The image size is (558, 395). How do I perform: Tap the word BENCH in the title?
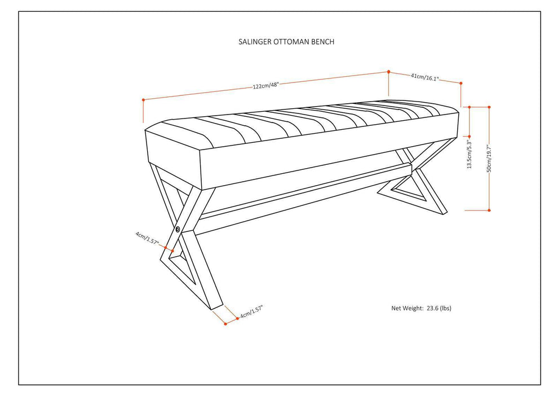(323, 41)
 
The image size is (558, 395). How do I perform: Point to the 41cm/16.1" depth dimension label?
(425, 77)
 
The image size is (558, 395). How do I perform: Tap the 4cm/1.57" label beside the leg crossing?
(148, 239)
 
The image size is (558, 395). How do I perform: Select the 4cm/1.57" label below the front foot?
(250, 311)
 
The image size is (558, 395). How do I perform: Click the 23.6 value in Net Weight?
(433, 309)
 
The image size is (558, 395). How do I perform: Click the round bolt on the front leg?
(178, 229)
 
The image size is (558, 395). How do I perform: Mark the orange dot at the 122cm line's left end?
(144, 100)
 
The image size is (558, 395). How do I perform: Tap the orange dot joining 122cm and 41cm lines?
(388, 72)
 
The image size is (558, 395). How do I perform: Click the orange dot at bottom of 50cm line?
(489, 210)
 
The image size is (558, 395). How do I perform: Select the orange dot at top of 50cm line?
(489, 107)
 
